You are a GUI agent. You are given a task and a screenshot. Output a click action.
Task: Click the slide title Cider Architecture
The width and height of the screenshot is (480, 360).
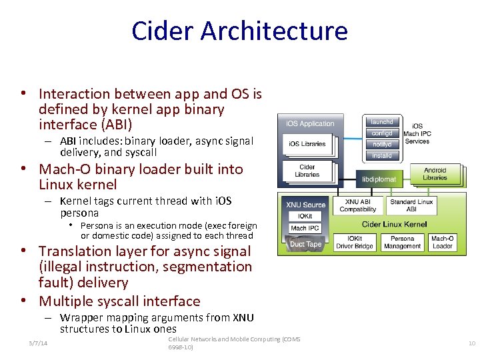pyautogui.click(x=239, y=31)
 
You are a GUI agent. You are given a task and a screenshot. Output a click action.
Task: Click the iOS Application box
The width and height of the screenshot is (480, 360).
pyautogui.click(x=310, y=123)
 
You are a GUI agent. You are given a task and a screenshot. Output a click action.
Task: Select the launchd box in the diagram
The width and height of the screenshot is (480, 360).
pyautogui.click(x=382, y=121)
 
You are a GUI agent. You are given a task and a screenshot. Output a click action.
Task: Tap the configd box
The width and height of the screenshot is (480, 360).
pyautogui.click(x=382, y=133)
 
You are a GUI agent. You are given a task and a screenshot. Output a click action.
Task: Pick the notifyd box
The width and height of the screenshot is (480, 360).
pyautogui.click(x=382, y=144)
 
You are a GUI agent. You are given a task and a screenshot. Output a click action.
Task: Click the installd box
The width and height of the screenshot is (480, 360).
pyautogui.click(x=382, y=155)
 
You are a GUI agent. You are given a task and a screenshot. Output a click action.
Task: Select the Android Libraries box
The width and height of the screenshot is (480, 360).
pyautogui.click(x=435, y=174)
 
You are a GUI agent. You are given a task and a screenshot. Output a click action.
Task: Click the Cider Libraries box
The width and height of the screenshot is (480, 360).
pyautogui.click(x=307, y=171)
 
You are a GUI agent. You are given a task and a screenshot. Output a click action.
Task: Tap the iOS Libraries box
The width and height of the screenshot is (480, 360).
pyautogui.click(x=307, y=144)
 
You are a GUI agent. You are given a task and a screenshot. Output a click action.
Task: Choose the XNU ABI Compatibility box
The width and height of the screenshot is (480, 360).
pyautogui.click(x=358, y=205)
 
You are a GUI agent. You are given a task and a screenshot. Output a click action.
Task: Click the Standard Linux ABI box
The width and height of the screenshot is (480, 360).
pyautogui.click(x=411, y=205)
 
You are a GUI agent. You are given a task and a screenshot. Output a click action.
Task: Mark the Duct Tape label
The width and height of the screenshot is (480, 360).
pyautogui.click(x=306, y=244)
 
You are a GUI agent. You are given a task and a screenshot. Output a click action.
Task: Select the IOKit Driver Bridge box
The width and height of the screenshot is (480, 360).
pyautogui.click(x=354, y=242)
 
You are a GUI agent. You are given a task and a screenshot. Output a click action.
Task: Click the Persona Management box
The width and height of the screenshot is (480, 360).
pyautogui.click(x=402, y=242)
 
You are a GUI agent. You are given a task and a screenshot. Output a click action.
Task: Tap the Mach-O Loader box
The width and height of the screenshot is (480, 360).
pyautogui.click(x=442, y=242)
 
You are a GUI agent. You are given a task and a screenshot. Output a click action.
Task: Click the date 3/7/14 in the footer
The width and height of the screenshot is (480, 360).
pyautogui.click(x=37, y=343)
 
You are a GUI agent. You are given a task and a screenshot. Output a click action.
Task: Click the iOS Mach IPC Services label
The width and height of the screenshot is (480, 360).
pyautogui.click(x=417, y=133)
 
